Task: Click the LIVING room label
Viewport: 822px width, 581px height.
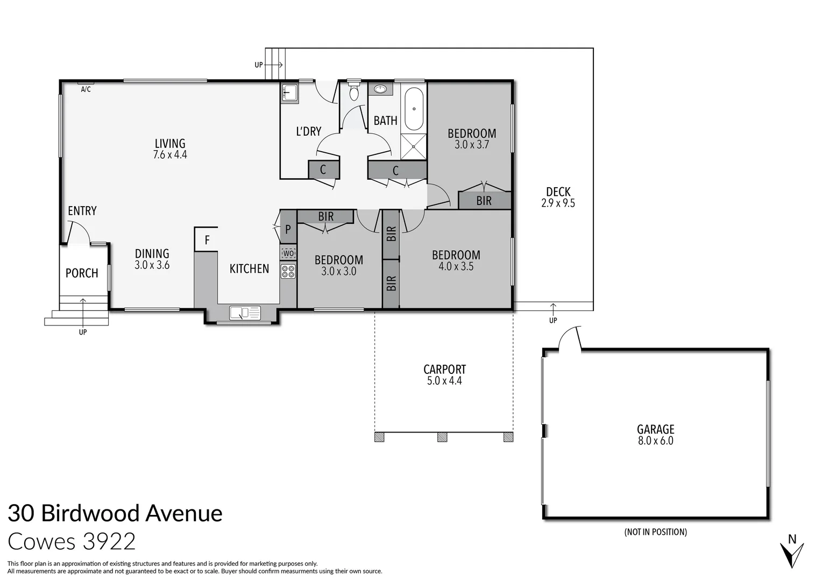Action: [170, 144]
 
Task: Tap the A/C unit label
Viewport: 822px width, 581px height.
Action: [86, 89]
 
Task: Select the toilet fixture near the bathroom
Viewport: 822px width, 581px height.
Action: [353, 93]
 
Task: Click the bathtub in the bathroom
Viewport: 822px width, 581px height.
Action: [413, 109]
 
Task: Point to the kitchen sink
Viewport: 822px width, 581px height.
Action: [245, 313]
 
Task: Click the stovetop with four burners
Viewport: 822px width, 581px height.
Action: [288, 271]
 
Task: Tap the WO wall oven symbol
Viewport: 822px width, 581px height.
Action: [288, 253]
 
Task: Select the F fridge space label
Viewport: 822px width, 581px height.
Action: [207, 240]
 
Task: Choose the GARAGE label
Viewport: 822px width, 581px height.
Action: [655, 429]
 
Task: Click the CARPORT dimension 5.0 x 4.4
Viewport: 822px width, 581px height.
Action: [444, 381]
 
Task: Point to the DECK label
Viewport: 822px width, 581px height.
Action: [558, 192]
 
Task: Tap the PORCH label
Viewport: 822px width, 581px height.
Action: [82, 273]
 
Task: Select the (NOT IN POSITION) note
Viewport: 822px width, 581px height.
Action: [655, 532]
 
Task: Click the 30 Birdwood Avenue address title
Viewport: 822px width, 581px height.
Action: [115, 513]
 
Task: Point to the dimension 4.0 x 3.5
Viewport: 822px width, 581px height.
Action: [456, 266]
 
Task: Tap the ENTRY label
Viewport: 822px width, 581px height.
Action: [82, 211]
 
